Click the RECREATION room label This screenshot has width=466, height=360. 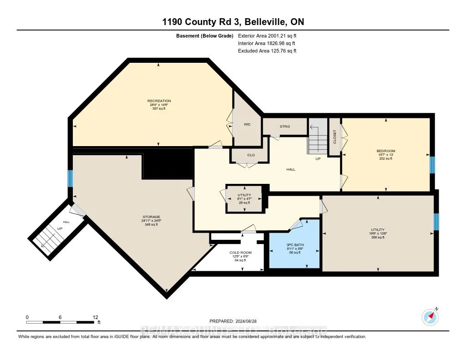(x=159, y=101)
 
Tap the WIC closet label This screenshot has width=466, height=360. (x=247, y=124)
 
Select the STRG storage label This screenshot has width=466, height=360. (x=285, y=127)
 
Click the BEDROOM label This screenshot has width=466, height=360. (x=385, y=151)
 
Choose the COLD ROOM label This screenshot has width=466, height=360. (x=240, y=253)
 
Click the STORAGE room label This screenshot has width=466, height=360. (x=150, y=217)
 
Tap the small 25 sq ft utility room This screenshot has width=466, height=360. (x=244, y=198)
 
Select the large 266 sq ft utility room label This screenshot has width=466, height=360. (x=378, y=229)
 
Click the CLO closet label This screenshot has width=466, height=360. (x=251, y=155)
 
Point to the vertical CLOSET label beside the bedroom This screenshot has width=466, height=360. (x=334, y=137)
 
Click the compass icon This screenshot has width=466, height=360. (x=430, y=316)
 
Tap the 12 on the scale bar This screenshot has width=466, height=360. (x=95, y=317)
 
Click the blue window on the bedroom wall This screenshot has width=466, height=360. (x=432, y=165)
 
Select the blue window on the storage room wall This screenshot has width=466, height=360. (x=70, y=178)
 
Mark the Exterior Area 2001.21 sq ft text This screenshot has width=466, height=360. (x=267, y=35)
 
